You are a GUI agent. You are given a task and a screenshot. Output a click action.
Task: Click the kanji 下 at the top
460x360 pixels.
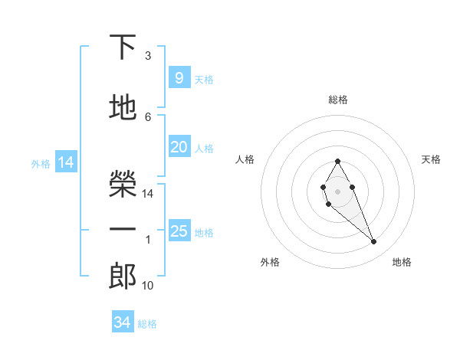coord(123,47)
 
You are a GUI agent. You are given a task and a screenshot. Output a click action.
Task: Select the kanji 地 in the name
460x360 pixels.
coord(123,108)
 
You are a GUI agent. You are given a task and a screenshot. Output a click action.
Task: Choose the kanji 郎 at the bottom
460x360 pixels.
coord(123,277)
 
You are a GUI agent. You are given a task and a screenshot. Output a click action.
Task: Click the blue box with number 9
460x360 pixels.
coord(179,78)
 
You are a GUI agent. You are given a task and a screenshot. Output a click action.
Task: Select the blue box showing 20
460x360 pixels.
coord(179,147)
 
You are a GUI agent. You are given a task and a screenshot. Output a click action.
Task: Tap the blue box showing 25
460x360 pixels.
coord(179,231)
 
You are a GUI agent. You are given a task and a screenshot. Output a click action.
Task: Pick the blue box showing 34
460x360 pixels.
coord(122,322)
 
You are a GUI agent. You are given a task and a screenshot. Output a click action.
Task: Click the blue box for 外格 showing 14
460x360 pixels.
coord(65,162)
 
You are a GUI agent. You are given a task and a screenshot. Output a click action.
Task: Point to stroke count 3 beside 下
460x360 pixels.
coord(148,56)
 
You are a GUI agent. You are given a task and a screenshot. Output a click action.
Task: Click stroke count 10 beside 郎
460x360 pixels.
coord(148,286)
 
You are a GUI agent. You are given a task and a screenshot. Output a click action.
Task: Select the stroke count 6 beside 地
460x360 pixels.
coord(148,116)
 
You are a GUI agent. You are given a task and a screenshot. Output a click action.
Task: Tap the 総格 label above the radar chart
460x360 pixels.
coord(337,100)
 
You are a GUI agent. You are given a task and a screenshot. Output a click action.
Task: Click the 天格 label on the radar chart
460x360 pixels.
coord(431,159)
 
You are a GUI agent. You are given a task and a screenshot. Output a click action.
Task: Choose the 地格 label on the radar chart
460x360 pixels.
coord(402,262)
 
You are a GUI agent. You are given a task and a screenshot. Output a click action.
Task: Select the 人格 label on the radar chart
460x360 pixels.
coord(245,159)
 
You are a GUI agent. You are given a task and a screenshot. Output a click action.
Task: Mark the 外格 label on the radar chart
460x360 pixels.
coord(270,262)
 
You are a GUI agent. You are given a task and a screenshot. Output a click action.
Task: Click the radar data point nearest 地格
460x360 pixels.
coord(373,242)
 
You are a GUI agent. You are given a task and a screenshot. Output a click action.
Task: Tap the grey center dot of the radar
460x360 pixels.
coord(337,190)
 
